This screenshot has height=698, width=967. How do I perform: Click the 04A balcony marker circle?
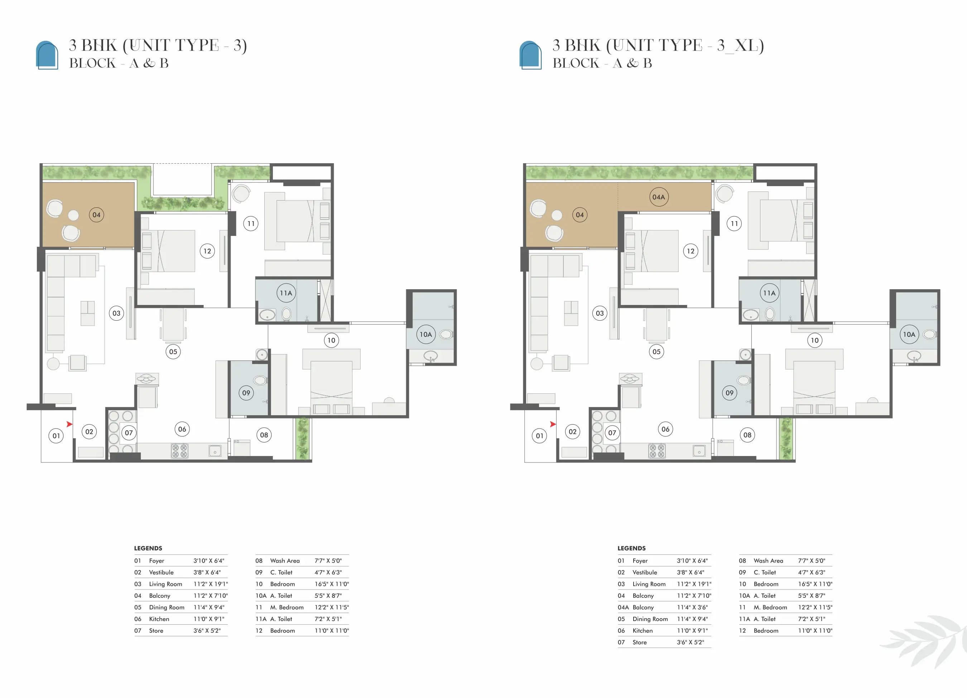pos(659,197)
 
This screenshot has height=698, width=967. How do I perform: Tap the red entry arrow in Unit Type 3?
pos(69,424)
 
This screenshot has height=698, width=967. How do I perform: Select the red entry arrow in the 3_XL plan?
pos(553,424)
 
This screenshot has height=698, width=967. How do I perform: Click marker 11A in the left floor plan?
pos(286,293)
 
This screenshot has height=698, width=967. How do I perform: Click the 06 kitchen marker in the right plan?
pos(665,429)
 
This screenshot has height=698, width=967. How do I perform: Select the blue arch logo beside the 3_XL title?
pos(530,54)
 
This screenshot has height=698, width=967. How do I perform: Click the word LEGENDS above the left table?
pos(148,548)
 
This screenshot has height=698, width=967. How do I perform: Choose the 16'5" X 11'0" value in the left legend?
pos(332,584)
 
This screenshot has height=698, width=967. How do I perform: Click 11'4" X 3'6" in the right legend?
pos(692,607)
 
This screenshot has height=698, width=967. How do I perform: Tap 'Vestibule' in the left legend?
pos(161,572)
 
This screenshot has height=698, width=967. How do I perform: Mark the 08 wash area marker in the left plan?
pos(264,435)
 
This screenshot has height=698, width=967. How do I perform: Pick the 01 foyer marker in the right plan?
pos(540,436)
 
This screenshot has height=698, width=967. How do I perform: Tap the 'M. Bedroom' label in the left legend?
pos(287,607)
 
